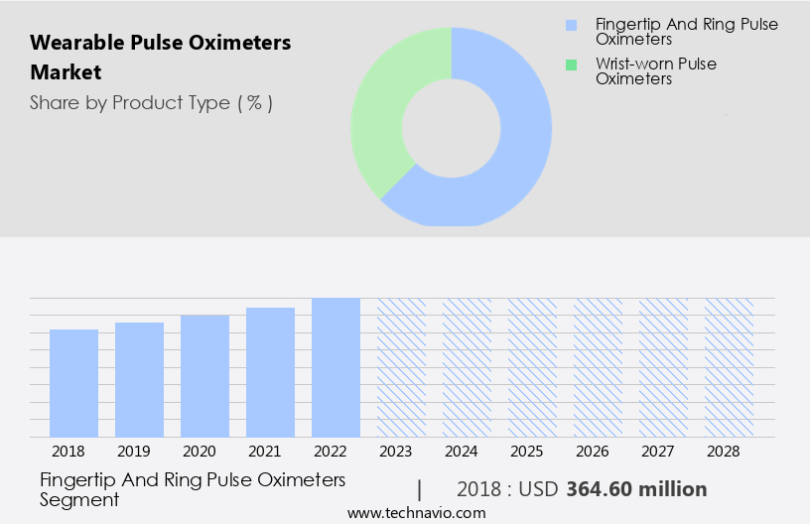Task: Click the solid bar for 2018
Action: coord(73,383)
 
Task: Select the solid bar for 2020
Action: coord(204,376)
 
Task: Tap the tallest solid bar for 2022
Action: coord(336,367)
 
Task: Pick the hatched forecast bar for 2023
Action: coord(401,367)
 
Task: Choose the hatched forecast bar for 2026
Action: coord(598,367)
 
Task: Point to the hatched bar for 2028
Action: coord(729,367)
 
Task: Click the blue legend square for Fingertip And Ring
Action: coord(570,24)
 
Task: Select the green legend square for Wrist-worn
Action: coord(570,65)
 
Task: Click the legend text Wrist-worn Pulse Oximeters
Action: coord(655,71)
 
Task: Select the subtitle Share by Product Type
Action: coord(151,103)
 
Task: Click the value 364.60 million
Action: coord(636,489)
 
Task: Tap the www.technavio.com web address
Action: coord(417,513)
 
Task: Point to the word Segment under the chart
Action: coord(79,500)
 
